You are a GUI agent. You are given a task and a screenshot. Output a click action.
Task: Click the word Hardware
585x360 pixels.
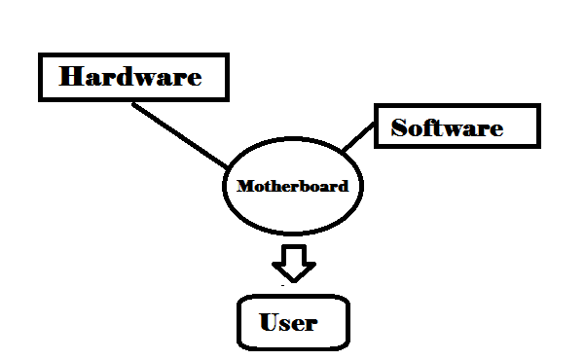pyautogui.click(x=130, y=77)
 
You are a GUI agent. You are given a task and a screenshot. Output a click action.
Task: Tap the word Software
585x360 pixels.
pyautogui.click(x=447, y=127)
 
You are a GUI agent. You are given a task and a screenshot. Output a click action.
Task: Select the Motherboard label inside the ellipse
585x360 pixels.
pyautogui.click(x=292, y=185)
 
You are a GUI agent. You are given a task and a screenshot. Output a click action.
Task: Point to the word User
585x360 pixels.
pyautogui.click(x=288, y=321)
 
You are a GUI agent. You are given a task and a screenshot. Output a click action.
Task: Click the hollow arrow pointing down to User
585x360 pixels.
pyautogui.click(x=293, y=261)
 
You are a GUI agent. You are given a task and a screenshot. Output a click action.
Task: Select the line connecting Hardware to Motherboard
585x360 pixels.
pyautogui.click(x=180, y=132)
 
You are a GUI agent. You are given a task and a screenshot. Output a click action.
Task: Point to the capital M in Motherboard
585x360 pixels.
pyautogui.click(x=244, y=185)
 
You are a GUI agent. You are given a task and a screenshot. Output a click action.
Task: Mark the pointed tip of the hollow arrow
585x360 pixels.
pyautogui.click(x=293, y=279)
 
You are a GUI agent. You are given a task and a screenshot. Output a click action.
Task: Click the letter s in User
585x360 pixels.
pyautogui.click(x=287, y=323)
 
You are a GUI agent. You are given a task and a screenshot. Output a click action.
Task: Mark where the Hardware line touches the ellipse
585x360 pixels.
pyautogui.click(x=230, y=165)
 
